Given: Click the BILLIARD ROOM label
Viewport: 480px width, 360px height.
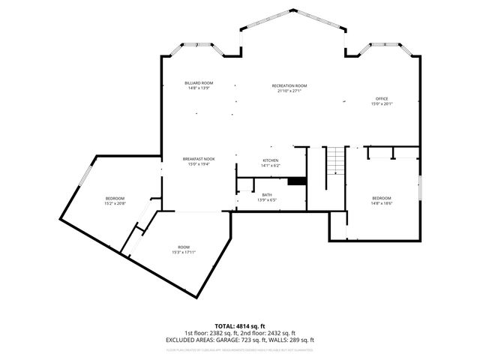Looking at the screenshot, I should click(199, 82).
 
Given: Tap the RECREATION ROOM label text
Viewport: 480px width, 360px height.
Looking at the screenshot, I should click(289, 85).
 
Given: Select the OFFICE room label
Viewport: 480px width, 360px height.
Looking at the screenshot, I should click(382, 99).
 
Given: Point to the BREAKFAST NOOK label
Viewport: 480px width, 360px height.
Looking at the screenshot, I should click(199, 159).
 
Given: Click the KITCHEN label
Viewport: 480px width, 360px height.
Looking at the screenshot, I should click(271, 160).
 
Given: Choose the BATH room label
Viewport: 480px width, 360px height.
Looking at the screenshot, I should click(267, 195).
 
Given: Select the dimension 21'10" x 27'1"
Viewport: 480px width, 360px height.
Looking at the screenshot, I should click(289, 91).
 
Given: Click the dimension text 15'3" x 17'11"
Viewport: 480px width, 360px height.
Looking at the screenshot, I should click(184, 252).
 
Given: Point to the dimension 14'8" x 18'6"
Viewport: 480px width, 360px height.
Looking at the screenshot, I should click(382, 203).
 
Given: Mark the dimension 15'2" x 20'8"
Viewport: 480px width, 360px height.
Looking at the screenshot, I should click(115, 203).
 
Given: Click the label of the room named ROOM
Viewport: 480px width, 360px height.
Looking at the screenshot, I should click(184, 247).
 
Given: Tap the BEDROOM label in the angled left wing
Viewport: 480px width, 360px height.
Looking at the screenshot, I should click(115, 198).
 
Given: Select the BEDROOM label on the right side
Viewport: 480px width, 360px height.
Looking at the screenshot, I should click(382, 198).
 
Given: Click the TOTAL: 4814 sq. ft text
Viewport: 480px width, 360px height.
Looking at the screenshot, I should click(240, 326).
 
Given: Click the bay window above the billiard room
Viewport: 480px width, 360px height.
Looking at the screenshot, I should click(200, 47).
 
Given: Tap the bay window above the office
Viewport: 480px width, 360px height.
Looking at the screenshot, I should click(382, 47).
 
